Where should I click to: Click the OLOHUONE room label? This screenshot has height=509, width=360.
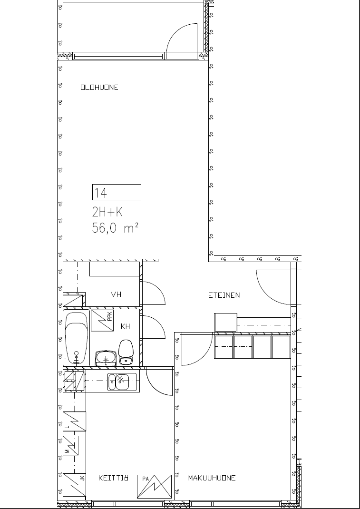coord(99,88)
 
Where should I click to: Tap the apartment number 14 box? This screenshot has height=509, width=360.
coord(117,192)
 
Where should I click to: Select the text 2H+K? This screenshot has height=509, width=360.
coord(107,212)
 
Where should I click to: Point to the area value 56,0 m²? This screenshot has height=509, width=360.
coord(115,228)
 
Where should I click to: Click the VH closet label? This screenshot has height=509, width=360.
coord(116,294)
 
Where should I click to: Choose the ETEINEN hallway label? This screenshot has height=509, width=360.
coord(224,295)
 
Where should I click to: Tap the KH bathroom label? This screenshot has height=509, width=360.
coord(125,326)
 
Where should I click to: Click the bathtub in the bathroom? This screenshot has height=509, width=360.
coord(77,338)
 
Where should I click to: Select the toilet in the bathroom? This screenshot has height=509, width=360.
coord(126,352)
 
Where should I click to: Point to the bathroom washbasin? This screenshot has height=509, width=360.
coord(106,358)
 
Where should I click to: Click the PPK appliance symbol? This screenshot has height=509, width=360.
coord(102,321)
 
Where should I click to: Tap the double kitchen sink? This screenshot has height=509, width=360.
coord(122,382)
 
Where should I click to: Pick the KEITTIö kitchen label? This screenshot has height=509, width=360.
coord(113,478)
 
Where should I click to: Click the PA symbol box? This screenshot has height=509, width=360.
coord(154,486)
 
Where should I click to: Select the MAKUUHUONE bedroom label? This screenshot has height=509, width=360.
coord(212,478)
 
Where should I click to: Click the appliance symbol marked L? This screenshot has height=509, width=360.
coord(74,421)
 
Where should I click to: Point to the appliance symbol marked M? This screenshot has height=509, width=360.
coord(71,445)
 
